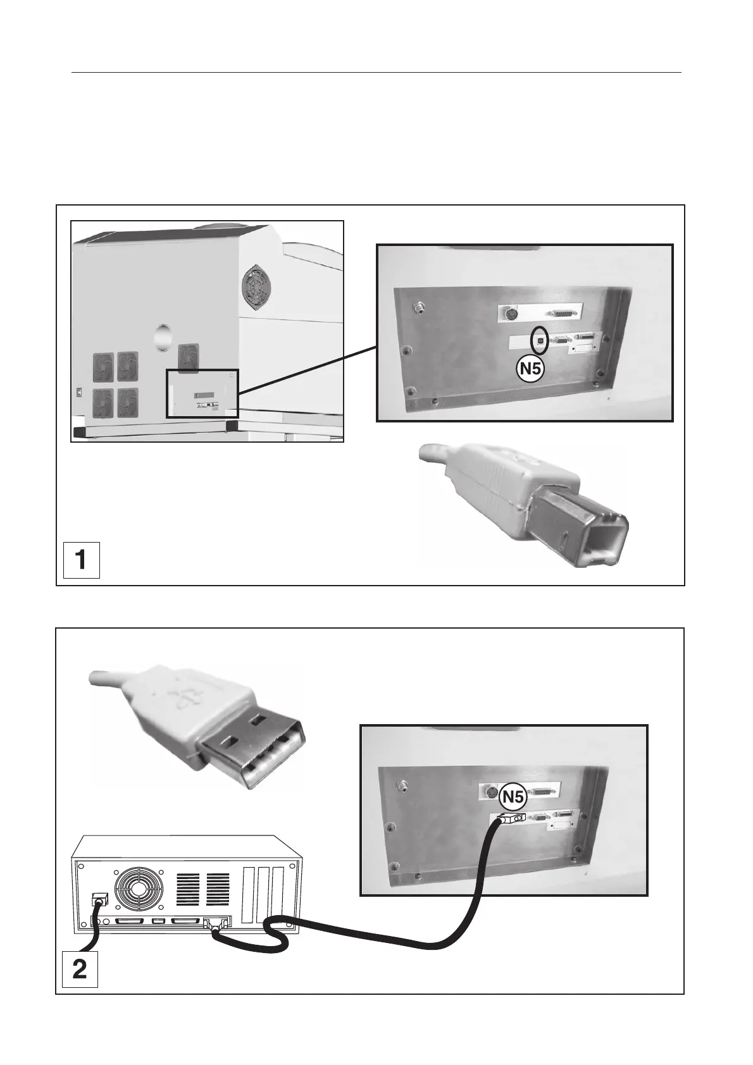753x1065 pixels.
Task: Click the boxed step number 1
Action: tap(81, 560)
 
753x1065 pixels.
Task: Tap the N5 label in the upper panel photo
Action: tap(530, 369)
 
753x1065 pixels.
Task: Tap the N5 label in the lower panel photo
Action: tap(512, 799)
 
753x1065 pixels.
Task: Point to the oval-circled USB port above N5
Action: tap(539, 340)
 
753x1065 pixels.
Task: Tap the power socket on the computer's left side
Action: tap(99, 900)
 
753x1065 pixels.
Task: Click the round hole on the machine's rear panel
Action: tap(163, 335)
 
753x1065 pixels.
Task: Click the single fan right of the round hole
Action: tap(188, 356)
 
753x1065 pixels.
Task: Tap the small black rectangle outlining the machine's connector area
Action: tap(202, 393)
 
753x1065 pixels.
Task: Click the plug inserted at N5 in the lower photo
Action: tap(509, 818)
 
